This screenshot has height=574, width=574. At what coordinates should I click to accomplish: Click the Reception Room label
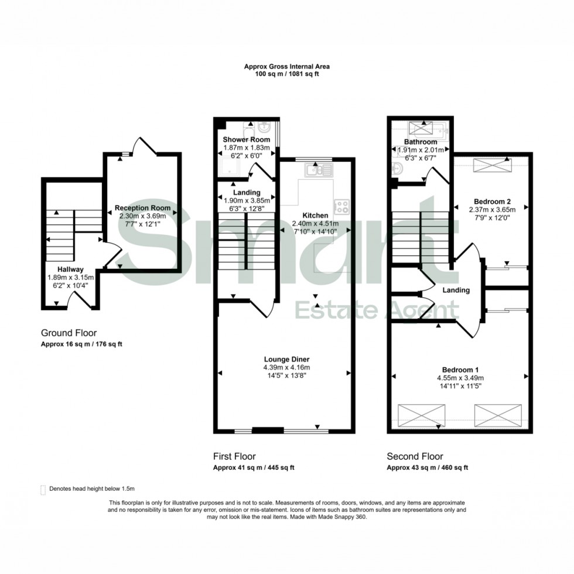[142, 208]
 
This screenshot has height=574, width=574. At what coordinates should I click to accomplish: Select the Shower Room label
[246, 139]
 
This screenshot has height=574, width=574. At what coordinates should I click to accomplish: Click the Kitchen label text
[315, 215]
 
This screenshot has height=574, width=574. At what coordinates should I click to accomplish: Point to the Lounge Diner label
[286, 359]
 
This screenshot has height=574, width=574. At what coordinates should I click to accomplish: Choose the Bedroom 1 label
[460, 370]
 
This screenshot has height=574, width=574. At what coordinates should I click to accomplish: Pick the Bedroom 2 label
[491, 201]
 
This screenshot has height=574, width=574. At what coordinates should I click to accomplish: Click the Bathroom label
[420, 142]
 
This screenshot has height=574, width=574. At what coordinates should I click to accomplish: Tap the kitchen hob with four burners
[341, 206]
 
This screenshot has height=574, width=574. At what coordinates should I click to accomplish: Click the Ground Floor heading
[69, 333]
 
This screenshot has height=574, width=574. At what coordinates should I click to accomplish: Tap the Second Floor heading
[415, 456]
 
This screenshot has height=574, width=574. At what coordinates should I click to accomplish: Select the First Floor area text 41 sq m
[253, 467]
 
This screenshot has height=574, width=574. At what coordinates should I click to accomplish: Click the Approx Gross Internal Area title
[286, 67]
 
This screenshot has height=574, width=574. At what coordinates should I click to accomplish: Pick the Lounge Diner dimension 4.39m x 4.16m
[286, 367]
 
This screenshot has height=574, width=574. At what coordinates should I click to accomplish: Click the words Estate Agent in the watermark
[376, 309]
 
